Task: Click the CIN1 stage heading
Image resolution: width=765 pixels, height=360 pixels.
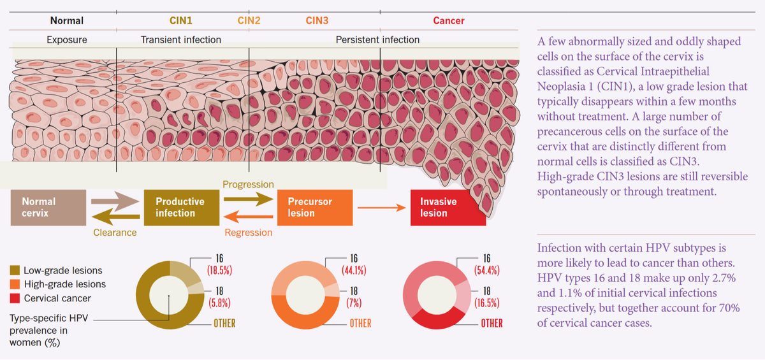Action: (181, 20)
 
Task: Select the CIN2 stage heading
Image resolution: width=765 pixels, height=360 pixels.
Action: (249, 20)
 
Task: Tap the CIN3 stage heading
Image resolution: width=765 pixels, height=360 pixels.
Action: (317, 20)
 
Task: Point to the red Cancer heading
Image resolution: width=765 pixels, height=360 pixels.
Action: (449, 20)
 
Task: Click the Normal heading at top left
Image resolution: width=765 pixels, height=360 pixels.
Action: (66, 20)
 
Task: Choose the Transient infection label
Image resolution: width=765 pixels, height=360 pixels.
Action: (181, 40)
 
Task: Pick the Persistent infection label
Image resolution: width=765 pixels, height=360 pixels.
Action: (377, 40)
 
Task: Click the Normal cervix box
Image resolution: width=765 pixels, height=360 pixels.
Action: (48, 207)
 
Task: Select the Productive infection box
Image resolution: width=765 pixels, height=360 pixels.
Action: (180, 207)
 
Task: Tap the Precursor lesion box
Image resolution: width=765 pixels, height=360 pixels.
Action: (314, 207)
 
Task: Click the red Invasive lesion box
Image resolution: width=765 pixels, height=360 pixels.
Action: (448, 207)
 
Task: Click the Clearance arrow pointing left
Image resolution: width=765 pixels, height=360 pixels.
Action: (115, 218)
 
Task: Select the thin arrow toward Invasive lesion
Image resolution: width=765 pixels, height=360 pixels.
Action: (381, 208)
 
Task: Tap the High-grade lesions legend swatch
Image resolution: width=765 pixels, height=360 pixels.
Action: (15, 284)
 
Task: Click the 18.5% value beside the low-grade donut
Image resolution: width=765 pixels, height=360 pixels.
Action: (219, 269)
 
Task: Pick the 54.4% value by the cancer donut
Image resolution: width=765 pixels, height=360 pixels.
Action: (487, 269)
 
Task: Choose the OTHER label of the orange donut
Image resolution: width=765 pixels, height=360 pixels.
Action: (360, 323)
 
